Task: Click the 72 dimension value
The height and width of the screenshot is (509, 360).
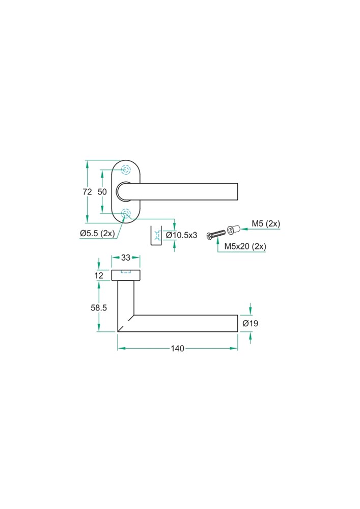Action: [87, 192]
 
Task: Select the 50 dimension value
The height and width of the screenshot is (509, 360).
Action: [102, 192]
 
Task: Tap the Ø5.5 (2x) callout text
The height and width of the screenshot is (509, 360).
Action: [97, 233]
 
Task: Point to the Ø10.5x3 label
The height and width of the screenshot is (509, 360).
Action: [181, 235]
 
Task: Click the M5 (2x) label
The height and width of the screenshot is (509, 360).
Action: [266, 223]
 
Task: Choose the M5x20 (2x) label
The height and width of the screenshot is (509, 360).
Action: [245, 246]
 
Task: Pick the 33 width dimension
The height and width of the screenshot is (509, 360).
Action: [126, 258]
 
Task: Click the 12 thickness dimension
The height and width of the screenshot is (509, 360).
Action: [99, 275]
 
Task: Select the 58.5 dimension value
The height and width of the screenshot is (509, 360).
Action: [99, 307]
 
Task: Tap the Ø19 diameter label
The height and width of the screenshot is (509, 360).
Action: [251, 323]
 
